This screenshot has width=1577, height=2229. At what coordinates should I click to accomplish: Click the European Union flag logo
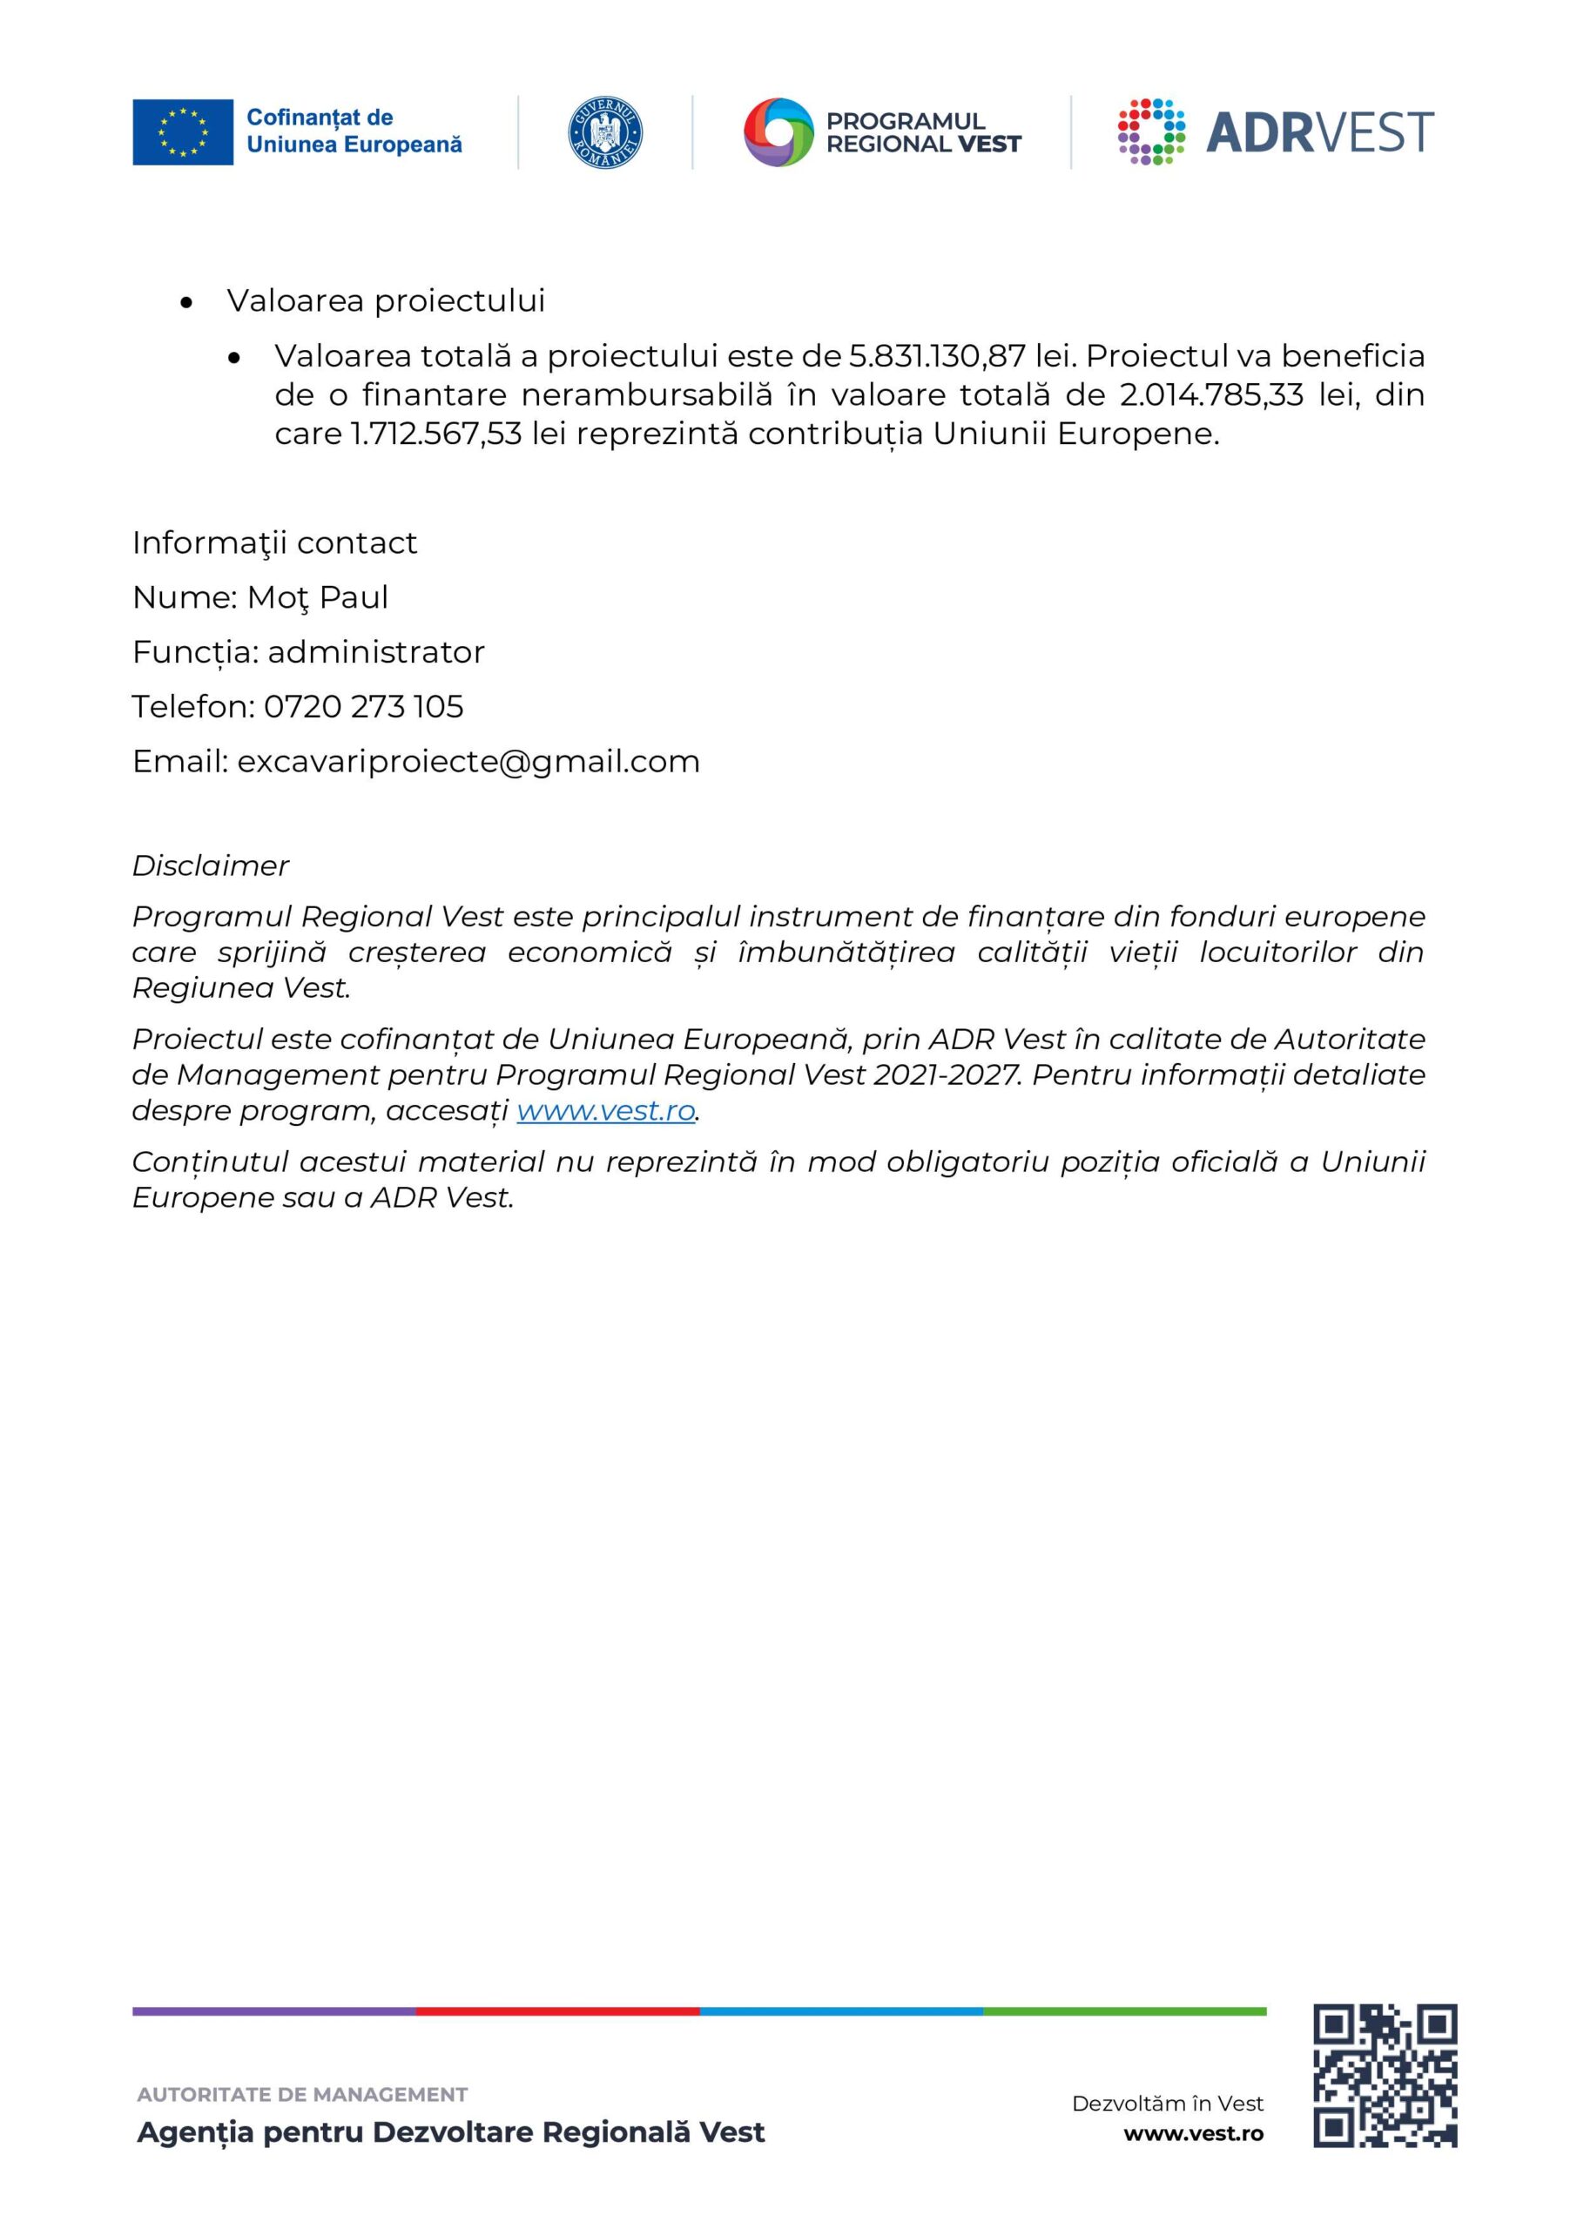(x=183, y=132)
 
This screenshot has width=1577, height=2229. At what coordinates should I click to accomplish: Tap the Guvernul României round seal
(x=605, y=132)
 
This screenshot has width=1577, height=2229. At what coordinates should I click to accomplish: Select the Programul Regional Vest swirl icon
(x=778, y=132)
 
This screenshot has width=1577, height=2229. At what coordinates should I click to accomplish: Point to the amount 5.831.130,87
(x=937, y=356)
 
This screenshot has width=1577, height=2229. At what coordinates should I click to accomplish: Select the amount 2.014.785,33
(x=1211, y=395)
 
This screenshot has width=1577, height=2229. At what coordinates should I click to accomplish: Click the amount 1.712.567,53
(x=436, y=433)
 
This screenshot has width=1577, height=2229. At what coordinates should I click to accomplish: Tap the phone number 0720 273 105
(x=363, y=707)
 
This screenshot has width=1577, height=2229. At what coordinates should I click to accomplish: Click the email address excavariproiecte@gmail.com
(x=468, y=761)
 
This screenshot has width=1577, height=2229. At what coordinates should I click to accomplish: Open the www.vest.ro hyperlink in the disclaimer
(x=606, y=1111)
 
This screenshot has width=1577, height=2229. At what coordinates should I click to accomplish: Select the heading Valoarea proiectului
(x=386, y=301)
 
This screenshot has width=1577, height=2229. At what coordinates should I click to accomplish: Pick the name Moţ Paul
(x=318, y=597)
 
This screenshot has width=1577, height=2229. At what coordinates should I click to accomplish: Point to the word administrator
(x=376, y=652)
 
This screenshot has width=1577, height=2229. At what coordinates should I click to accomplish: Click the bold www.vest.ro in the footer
(x=1194, y=2133)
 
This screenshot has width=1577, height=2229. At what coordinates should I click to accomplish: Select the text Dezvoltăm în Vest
(x=1167, y=2103)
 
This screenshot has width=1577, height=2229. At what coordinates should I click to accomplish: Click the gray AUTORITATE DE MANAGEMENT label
(x=302, y=2094)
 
